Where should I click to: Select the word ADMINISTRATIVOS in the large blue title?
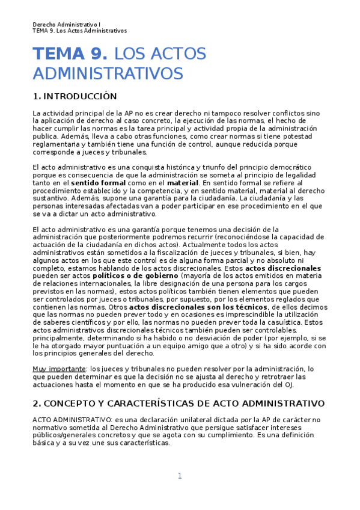(x=108, y=73)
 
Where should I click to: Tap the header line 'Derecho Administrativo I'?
(x=71, y=25)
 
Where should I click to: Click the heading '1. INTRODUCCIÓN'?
(x=75, y=97)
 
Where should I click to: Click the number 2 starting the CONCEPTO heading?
(x=35, y=403)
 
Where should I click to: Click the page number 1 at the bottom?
(x=179, y=476)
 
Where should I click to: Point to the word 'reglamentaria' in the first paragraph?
(x=56, y=144)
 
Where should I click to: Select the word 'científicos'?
(x=86, y=322)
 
